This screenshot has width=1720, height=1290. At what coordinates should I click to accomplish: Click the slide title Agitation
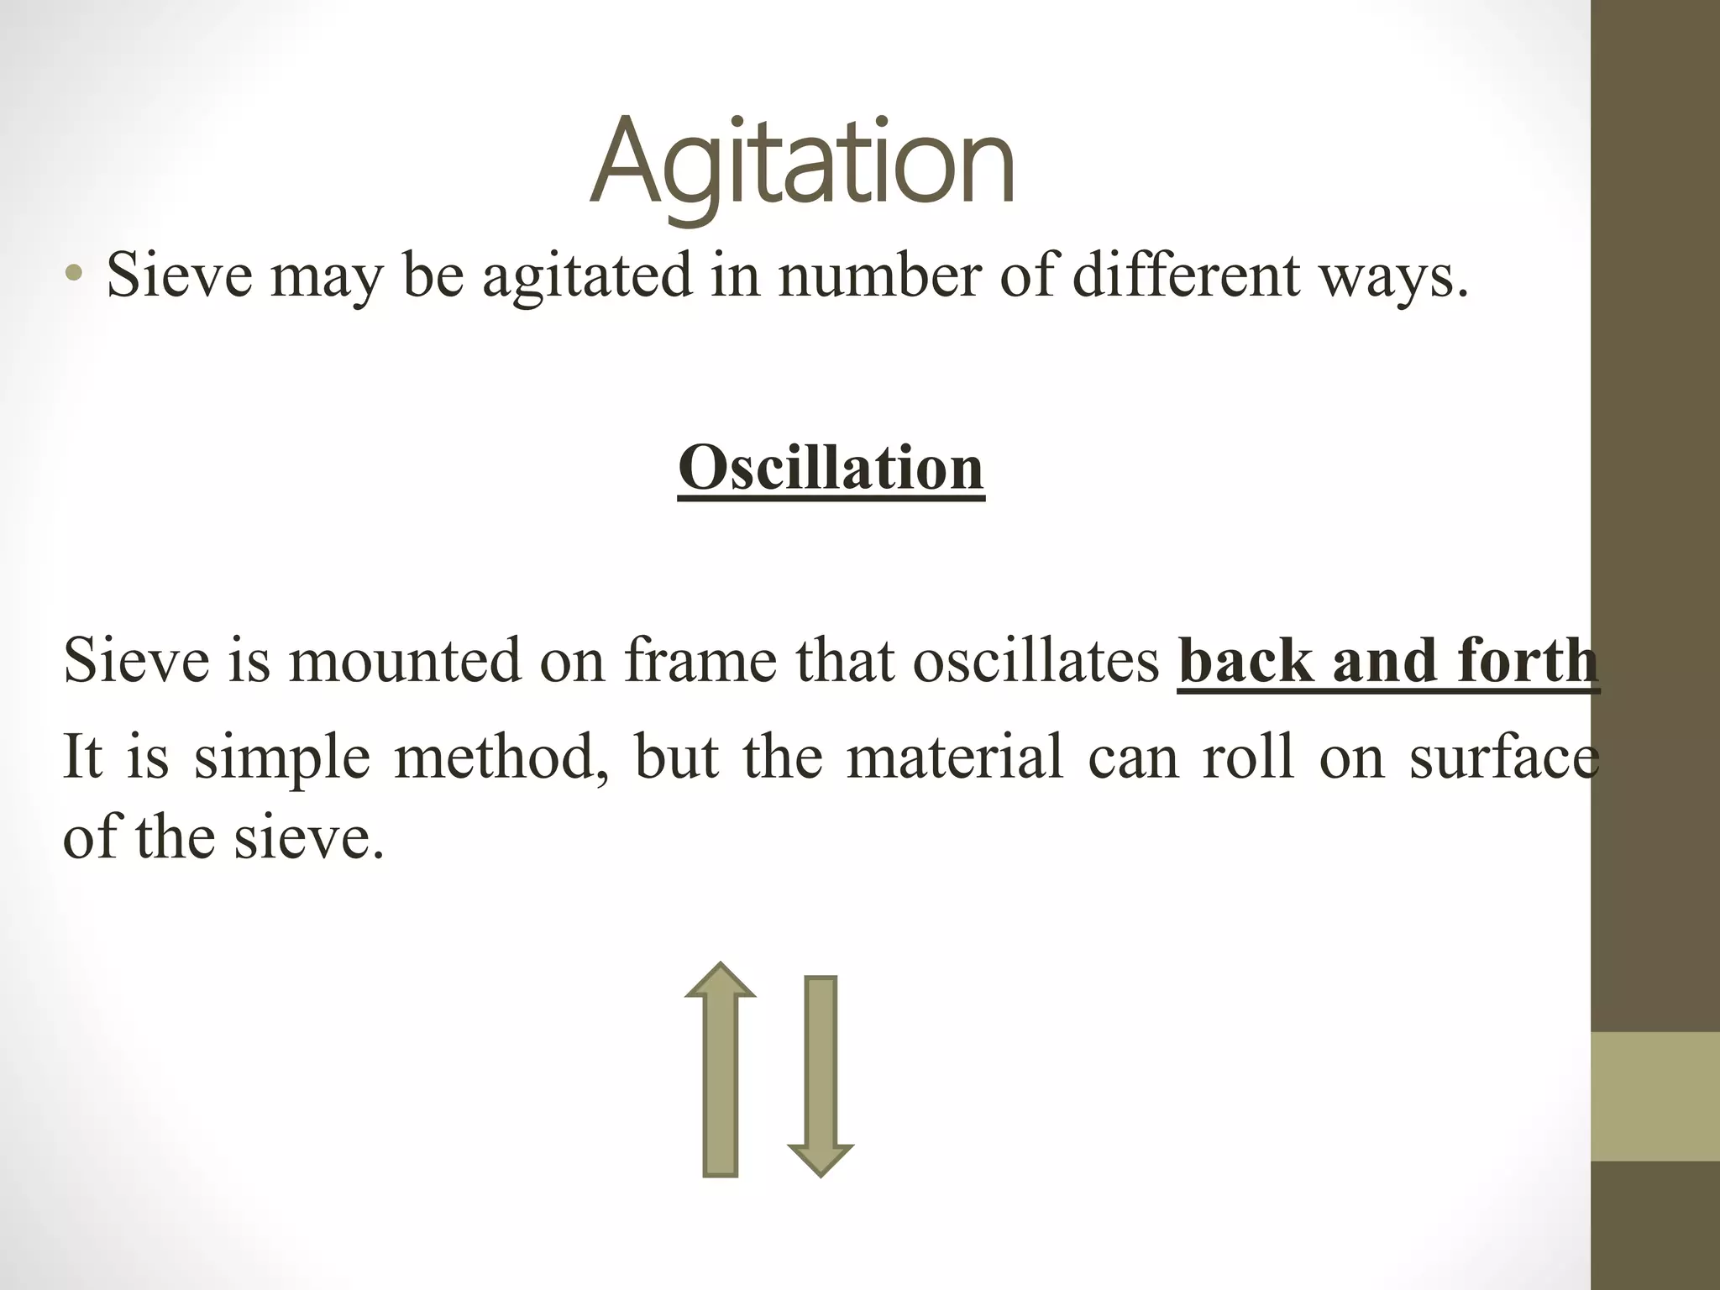click(x=802, y=164)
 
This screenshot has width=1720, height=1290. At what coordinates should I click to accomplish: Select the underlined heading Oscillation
click(x=831, y=468)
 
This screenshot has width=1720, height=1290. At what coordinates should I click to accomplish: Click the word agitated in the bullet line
click(x=587, y=275)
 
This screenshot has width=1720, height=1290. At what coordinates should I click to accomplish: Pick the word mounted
click(x=403, y=660)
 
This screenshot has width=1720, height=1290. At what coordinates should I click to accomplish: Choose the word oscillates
click(x=1035, y=660)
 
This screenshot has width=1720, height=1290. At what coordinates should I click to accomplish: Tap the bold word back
click(x=1246, y=660)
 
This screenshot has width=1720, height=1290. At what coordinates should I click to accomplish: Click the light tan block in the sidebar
click(x=1654, y=1096)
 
